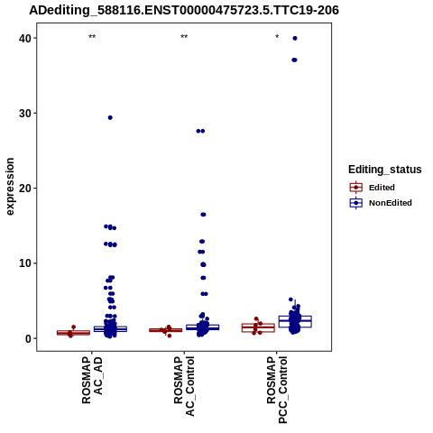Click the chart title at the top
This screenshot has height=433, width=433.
184,10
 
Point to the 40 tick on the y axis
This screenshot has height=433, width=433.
25,38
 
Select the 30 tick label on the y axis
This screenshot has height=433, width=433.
25,113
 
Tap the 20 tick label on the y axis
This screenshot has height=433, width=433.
25,189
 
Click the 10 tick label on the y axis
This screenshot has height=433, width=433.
25,263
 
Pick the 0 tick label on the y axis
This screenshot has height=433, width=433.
28,338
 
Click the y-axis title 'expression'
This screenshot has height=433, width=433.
10,187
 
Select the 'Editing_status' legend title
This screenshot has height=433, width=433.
384,170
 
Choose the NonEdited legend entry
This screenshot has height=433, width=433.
381,203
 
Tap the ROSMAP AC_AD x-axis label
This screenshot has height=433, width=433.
92,380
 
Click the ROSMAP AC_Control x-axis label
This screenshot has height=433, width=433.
184,386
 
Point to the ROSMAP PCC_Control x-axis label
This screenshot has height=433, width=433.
277,390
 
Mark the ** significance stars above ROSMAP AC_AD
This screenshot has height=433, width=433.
92,37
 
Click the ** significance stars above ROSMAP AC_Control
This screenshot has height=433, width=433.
184,37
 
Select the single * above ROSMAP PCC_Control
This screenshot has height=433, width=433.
277,37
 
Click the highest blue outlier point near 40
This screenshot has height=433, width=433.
295,38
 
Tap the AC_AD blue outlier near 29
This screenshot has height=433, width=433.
110,117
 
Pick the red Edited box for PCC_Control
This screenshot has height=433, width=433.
258,327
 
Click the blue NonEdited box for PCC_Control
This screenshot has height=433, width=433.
295,321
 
